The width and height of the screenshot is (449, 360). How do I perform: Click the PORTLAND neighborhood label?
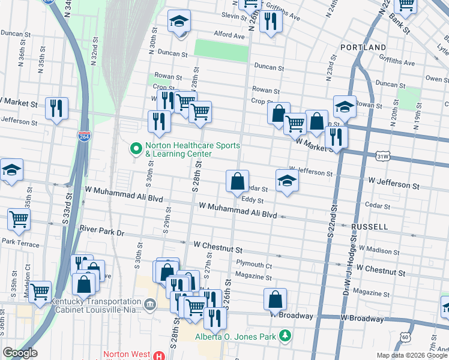point(363,47)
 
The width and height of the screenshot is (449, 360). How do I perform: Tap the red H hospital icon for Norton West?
point(158,355)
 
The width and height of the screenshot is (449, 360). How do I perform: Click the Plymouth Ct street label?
point(254,265)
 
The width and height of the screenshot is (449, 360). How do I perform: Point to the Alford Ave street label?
point(229,35)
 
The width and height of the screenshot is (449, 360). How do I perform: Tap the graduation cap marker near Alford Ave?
point(179,22)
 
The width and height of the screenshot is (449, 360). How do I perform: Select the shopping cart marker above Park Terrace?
point(19,220)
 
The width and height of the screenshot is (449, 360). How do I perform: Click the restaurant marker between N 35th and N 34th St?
point(56,109)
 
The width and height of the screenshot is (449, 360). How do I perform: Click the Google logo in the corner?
point(20,353)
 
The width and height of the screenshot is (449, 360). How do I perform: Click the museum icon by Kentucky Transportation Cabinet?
point(149,304)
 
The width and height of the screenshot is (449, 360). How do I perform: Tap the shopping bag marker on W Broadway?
point(275,299)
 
